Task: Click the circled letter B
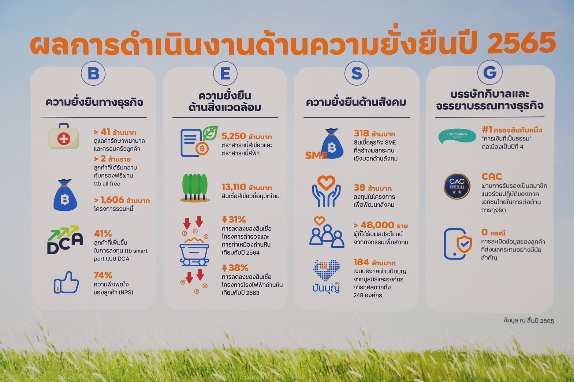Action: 93,73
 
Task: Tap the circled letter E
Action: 225,74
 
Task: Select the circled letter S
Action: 357,73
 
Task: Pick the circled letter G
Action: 490,72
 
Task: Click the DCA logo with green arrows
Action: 65,240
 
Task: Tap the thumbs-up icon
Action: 66,282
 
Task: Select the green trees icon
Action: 195,188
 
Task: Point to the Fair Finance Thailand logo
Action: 457,135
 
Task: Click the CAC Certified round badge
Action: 457,186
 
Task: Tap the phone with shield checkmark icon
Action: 458,244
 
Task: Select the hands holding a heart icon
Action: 326,191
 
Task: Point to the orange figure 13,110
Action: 234,187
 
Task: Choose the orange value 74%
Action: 103,276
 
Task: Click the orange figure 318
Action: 362,133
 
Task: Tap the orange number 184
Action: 361,262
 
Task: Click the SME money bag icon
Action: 325,144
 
